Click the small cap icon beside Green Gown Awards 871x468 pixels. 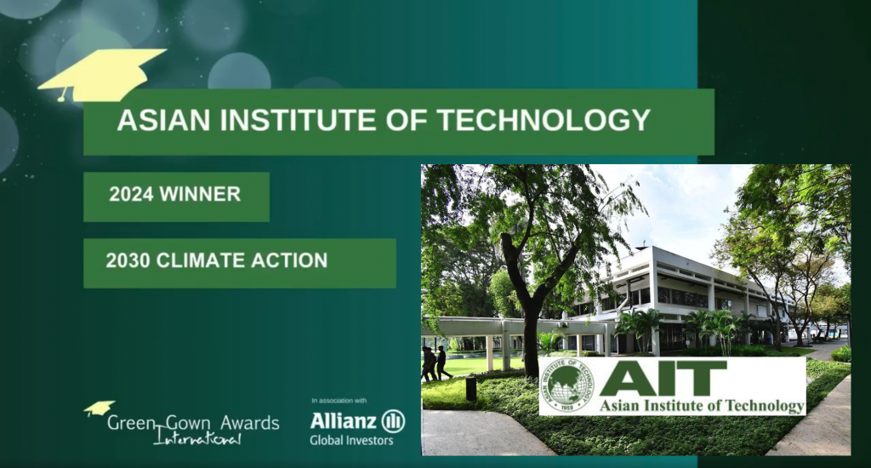coord(99,408)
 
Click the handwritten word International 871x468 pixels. coord(197,438)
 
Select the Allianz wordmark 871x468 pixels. coord(344,420)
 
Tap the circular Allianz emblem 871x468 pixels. coord(393,420)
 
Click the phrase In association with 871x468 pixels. coord(339,400)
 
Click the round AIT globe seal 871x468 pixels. coord(568,385)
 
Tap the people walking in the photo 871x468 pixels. coord(435,363)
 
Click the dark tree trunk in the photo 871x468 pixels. coord(531,332)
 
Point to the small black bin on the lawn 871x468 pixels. coord(470,388)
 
